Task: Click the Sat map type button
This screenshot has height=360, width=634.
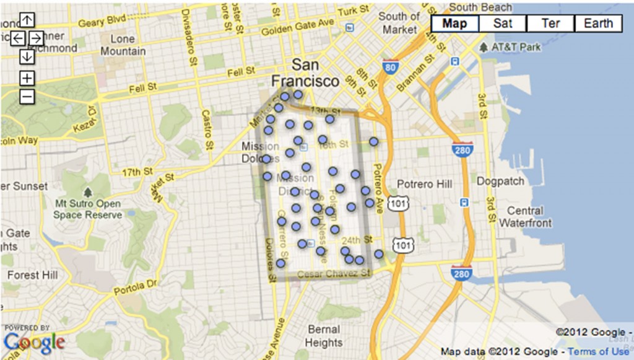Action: pos(502,24)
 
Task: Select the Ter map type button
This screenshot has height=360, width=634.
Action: pos(550,24)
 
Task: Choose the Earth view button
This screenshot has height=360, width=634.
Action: pos(598,24)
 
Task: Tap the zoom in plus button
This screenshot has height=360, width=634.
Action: pos(27,78)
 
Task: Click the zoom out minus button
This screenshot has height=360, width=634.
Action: pos(27,97)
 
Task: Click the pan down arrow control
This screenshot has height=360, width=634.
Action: pos(27,56)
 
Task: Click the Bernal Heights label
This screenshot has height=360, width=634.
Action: pos(323,336)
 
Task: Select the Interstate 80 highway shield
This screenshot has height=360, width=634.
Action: pos(389,67)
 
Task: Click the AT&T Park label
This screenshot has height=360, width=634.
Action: pos(516,47)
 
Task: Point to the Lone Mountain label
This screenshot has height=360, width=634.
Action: pos(123,45)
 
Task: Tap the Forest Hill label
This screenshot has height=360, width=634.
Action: pos(32,274)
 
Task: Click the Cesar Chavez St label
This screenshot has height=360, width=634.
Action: pos(334,273)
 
